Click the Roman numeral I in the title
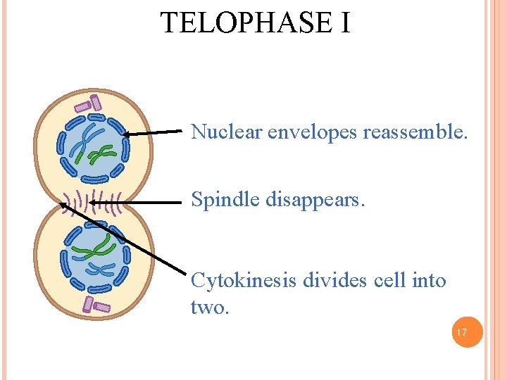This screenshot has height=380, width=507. click(x=343, y=23)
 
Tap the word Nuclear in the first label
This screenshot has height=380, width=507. click(x=226, y=132)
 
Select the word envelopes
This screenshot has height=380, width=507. click(x=313, y=132)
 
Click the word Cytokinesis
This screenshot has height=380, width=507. click(x=244, y=281)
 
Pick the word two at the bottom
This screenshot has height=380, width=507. click(x=209, y=308)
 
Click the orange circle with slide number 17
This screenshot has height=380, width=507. click(x=463, y=332)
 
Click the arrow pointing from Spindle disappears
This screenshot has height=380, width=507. click(x=158, y=202)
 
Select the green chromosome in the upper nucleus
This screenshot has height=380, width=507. click(x=104, y=152)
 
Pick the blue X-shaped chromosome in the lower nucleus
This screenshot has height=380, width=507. click(x=98, y=269)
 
